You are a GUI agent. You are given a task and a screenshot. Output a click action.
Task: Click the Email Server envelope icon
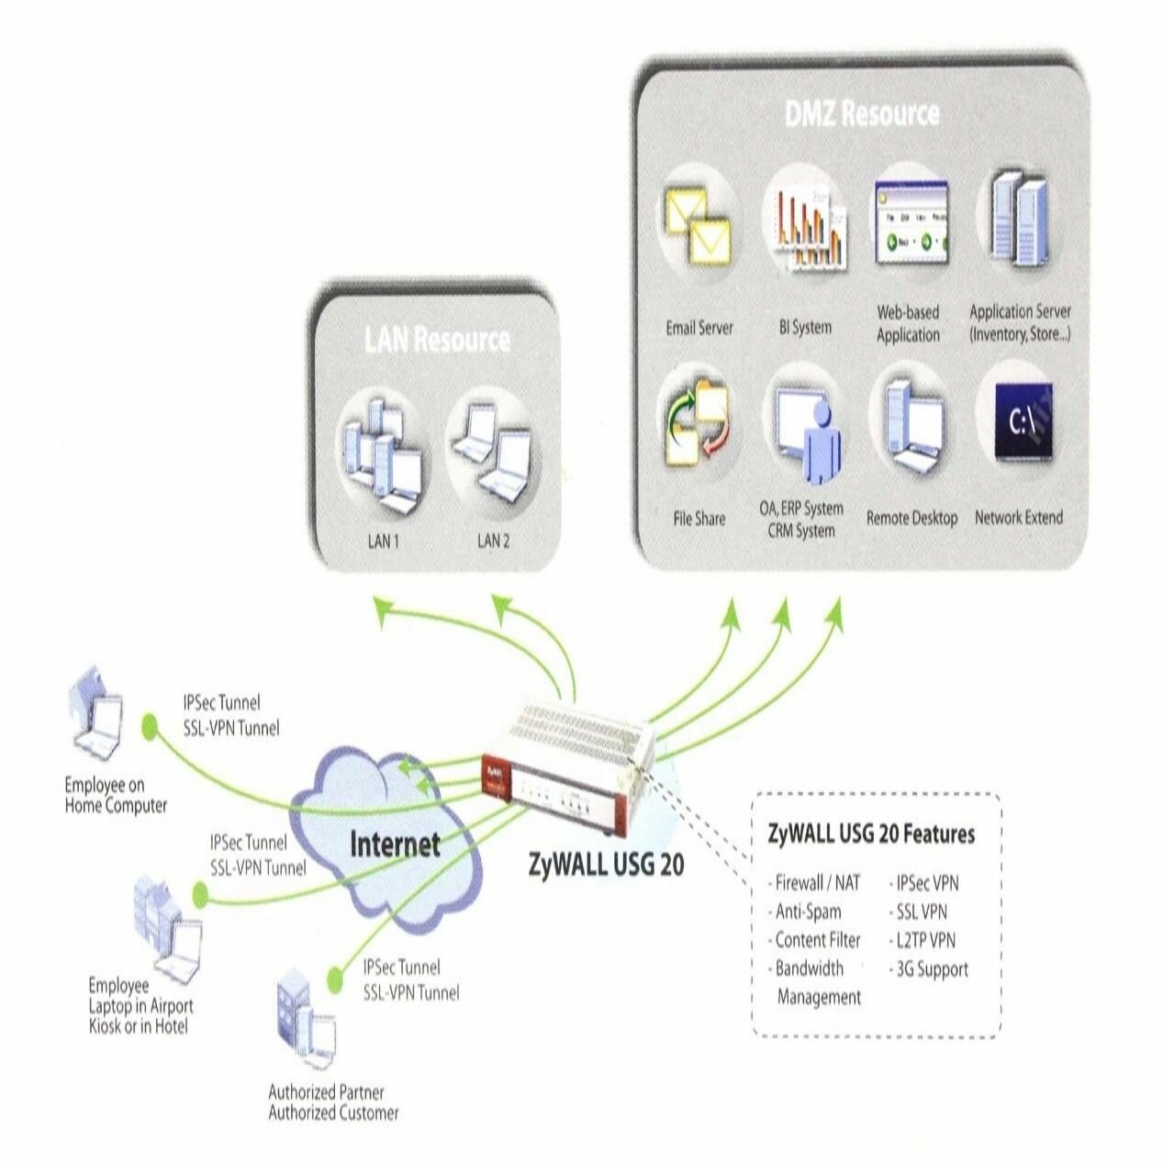[697, 224]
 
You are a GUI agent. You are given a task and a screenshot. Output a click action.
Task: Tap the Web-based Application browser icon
[910, 221]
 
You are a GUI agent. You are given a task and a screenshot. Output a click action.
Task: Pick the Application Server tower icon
[1019, 221]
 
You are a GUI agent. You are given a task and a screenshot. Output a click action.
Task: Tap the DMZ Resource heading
[862, 114]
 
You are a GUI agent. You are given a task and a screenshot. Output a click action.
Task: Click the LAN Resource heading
[437, 340]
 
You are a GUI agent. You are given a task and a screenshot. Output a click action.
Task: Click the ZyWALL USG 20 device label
[607, 865]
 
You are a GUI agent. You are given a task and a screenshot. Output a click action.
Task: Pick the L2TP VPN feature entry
[923, 941]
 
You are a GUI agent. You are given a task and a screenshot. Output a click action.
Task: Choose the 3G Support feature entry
[928, 969]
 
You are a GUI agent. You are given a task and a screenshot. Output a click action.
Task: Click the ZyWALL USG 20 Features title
[871, 834]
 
